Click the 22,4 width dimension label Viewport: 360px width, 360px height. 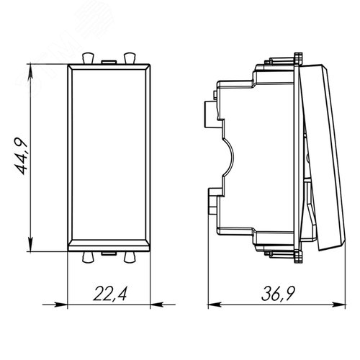click(x=109, y=293)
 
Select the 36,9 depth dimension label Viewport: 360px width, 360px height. click(x=278, y=293)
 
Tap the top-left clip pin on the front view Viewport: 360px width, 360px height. click(x=88, y=58)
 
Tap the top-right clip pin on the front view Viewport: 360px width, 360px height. click(x=130, y=58)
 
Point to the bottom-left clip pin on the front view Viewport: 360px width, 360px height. click(x=88, y=257)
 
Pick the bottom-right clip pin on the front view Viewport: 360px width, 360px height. click(x=130, y=257)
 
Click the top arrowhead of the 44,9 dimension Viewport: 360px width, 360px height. click(x=30, y=71)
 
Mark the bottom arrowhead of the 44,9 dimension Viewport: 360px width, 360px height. click(x=30, y=244)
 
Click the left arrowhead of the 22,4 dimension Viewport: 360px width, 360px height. click(x=60, y=305)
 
